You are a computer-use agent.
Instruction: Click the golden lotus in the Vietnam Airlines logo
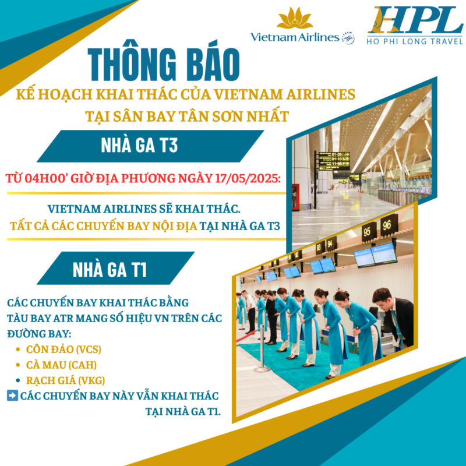[295, 19]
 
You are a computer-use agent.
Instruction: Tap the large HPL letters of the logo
[415, 20]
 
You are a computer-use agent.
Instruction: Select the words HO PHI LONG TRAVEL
[415, 41]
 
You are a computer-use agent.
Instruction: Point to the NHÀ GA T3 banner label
[139, 145]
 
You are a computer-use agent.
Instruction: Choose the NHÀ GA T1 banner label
[110, 270]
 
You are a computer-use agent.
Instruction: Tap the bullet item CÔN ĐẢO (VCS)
[63, 349]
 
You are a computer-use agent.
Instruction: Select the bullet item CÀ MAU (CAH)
[61, 365]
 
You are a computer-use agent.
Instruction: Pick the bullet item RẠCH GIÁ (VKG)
[65, 380]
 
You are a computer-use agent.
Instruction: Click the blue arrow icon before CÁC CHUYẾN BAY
[12, 396]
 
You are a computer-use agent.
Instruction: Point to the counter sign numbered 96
[387, 225]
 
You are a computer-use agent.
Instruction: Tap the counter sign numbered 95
[368, 231]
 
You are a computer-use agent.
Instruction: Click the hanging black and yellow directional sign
[334, 161]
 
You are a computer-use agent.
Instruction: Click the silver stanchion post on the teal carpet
[262, 348]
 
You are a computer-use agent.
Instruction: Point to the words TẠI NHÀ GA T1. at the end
[183, 411]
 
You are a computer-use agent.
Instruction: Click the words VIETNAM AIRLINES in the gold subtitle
[284, 94]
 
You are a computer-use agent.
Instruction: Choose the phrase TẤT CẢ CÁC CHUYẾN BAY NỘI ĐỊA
[104, 226]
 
